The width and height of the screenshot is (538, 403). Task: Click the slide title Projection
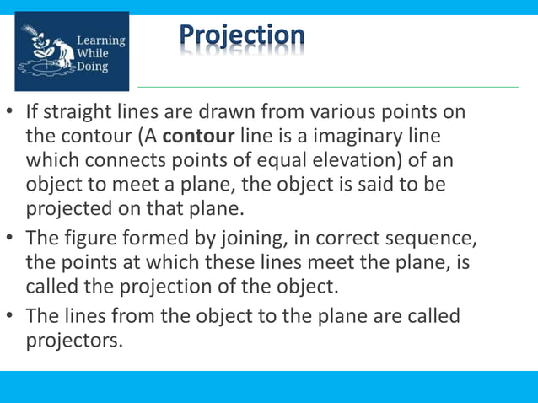(x=242, y=36)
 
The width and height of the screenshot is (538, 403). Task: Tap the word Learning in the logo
(x=101, y=40)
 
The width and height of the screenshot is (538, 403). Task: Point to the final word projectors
(x=75, y=341)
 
